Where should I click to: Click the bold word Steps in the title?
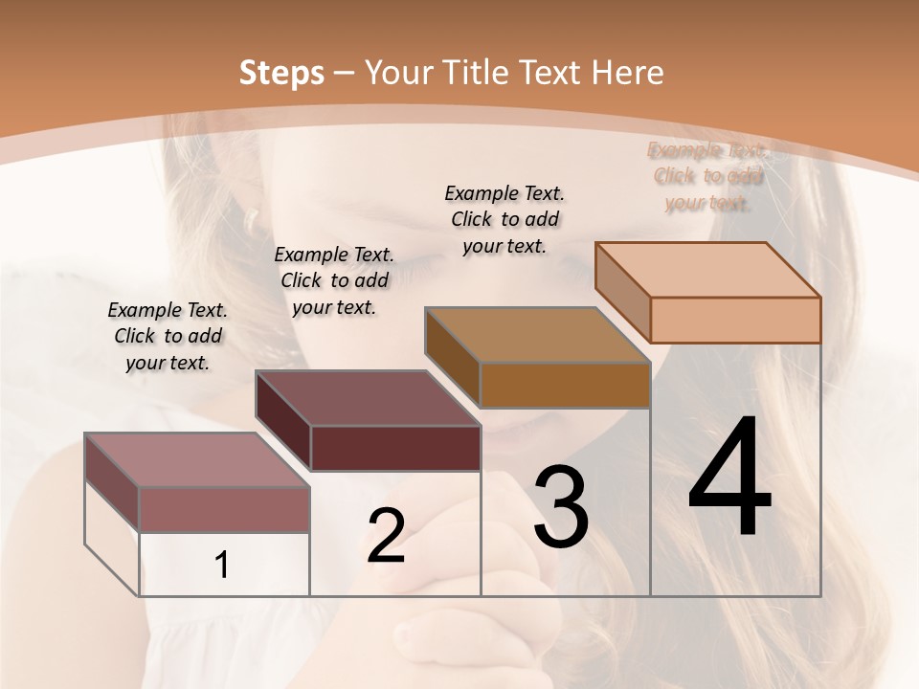(x=280, y=73)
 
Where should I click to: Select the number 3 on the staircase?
(x=560, y=507)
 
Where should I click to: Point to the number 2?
(x=386, y=536)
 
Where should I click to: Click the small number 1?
(x=222, y=566)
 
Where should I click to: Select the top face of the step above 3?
(x=537, y=335)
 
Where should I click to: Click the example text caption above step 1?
(x=168, y=336)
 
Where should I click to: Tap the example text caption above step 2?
(x=334, y=280)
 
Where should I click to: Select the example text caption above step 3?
(x=504, y=219)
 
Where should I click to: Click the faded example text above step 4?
(x=707, y=176)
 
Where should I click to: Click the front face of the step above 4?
(x=735, y=320)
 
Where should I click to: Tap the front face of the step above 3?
(x=565, y=385)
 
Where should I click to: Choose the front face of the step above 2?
(x=395, y=448)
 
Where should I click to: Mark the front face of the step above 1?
(x=224, y=509)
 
